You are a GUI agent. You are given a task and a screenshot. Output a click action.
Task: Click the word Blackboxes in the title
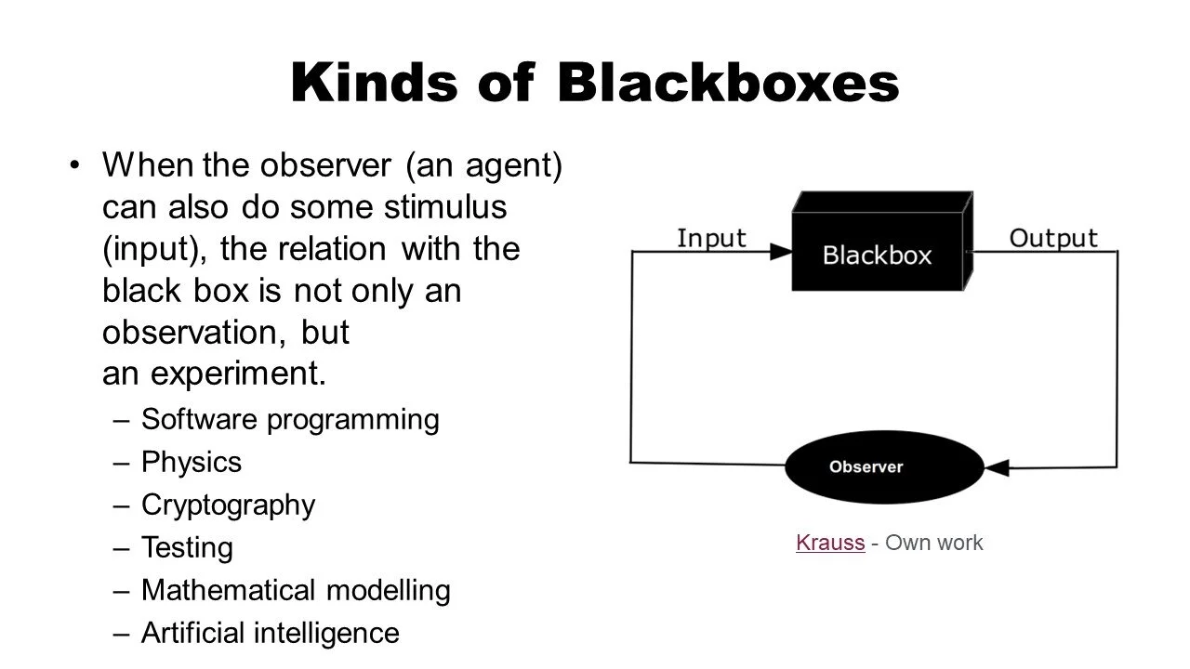[x=728, y=83]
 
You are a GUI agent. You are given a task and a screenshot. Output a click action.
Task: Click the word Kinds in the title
[x=374, y=83]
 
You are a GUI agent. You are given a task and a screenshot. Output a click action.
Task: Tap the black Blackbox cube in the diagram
[x=882, y=242]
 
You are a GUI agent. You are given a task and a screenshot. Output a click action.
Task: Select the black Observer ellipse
[x=884, y=467]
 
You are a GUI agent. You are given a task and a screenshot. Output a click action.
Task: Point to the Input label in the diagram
[x=711, y=239]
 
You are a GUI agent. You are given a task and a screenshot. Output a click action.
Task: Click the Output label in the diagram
[x=1053, y=239]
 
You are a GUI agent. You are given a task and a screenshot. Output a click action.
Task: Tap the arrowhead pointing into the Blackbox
[x=781, y=252]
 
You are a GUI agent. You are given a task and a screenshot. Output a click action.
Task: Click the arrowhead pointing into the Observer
[x=998, y=467]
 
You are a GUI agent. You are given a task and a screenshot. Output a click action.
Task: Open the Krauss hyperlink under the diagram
[x=830, y=543]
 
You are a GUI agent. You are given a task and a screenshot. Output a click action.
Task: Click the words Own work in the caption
[x=934, y=543]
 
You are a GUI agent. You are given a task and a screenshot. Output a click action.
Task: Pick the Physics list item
[x=192, y=463]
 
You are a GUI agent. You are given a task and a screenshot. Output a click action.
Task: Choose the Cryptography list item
[x=229, y=505]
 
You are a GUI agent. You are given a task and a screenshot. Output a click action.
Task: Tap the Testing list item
[x=187, y=548]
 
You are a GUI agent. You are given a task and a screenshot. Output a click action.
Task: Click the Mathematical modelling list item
[x=296, y=590]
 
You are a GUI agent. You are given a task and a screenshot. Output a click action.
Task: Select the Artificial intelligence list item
[x=271, y=633]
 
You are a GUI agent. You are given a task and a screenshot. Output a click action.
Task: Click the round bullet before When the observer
[x=74, y=165]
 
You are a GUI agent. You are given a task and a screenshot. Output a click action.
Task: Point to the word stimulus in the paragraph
[x=445, y=206]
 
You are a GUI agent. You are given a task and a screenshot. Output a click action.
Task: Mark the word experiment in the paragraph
[x=238, y=374]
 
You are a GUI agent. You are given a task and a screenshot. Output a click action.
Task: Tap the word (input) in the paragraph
[x=154, y=250]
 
